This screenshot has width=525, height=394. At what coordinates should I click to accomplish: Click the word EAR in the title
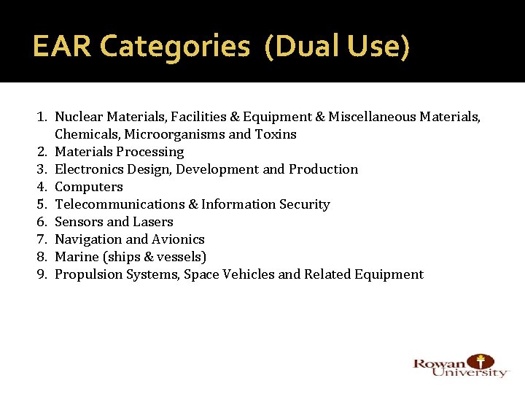tap(62, 47)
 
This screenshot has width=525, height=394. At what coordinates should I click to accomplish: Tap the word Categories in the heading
tap(174, 47)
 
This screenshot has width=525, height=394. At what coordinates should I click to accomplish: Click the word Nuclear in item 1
tap(79, 117)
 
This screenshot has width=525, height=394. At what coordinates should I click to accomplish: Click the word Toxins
tap(275, 134)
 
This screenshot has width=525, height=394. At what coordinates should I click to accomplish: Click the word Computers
tap(89, 187)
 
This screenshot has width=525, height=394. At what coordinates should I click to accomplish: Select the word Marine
tap(77, 257)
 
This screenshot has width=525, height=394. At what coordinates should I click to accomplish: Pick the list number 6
tap(43, 222)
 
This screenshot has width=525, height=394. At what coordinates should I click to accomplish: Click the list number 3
tap(43, 169)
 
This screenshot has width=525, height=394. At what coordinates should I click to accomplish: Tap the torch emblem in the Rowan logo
tap(480, 361)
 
